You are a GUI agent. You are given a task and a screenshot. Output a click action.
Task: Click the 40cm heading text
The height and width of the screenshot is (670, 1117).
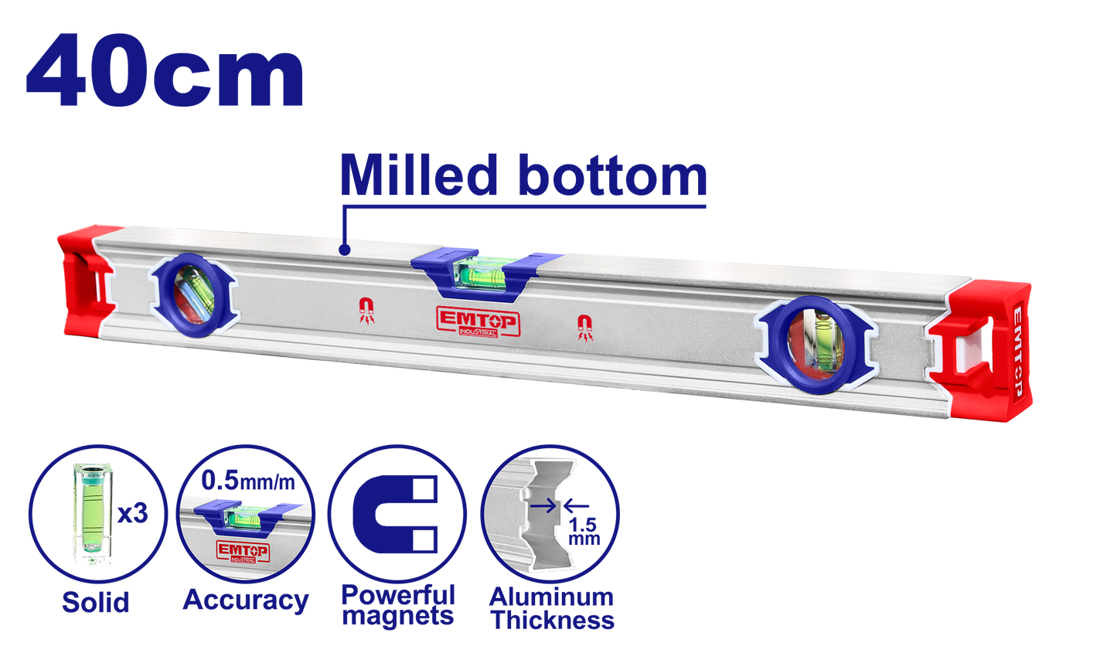pyautogui.click(x=165, y=70)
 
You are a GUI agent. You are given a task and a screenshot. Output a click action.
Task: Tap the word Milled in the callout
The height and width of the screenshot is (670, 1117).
pyautogui.click(x=419, y=175)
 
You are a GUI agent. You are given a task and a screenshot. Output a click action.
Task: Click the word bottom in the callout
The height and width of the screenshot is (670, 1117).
pyautogui.click(x=613, y=175)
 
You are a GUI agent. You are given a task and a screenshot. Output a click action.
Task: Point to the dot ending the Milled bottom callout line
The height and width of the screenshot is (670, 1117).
pyautogui.click(x=344, y=250)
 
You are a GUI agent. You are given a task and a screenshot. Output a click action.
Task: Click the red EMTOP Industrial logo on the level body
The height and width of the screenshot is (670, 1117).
pyautogui.click(x=478, y=321)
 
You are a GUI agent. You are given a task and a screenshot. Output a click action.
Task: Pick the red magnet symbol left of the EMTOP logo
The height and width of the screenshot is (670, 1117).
pyautogui.click(x=367, y=311)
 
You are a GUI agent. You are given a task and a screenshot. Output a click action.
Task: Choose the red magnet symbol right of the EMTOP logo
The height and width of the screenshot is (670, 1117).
pyautogui.click(x=585, y=328)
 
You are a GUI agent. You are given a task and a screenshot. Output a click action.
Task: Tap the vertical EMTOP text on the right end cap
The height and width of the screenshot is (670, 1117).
pyautogui.click(x=1017, y=352)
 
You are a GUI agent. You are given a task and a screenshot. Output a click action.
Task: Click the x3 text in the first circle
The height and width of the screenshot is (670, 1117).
pyautogui.click(x=133, y=513)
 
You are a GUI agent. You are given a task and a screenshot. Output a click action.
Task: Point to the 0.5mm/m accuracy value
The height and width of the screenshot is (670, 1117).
pyautogui.click(x=248, y=481)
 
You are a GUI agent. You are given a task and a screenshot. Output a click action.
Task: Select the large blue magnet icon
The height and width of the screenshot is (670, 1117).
pyautogui.click(x=396, y=514)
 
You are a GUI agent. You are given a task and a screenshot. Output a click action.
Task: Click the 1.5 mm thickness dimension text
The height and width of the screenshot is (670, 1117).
pyautogui.click(x=584, y=532)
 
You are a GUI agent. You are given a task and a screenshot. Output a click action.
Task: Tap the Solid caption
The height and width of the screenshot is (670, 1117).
pyautogui.click(x=96, y=602)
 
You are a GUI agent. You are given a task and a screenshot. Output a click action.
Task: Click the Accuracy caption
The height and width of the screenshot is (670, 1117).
pyautogui.click(x=246, y=600)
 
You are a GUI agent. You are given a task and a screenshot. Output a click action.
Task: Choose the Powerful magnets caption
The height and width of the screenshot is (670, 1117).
pyautogui.click(x=398, y=605)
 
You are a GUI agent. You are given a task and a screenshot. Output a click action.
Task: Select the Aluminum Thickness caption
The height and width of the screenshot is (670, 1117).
pyautogui.click(x=551, y=609)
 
